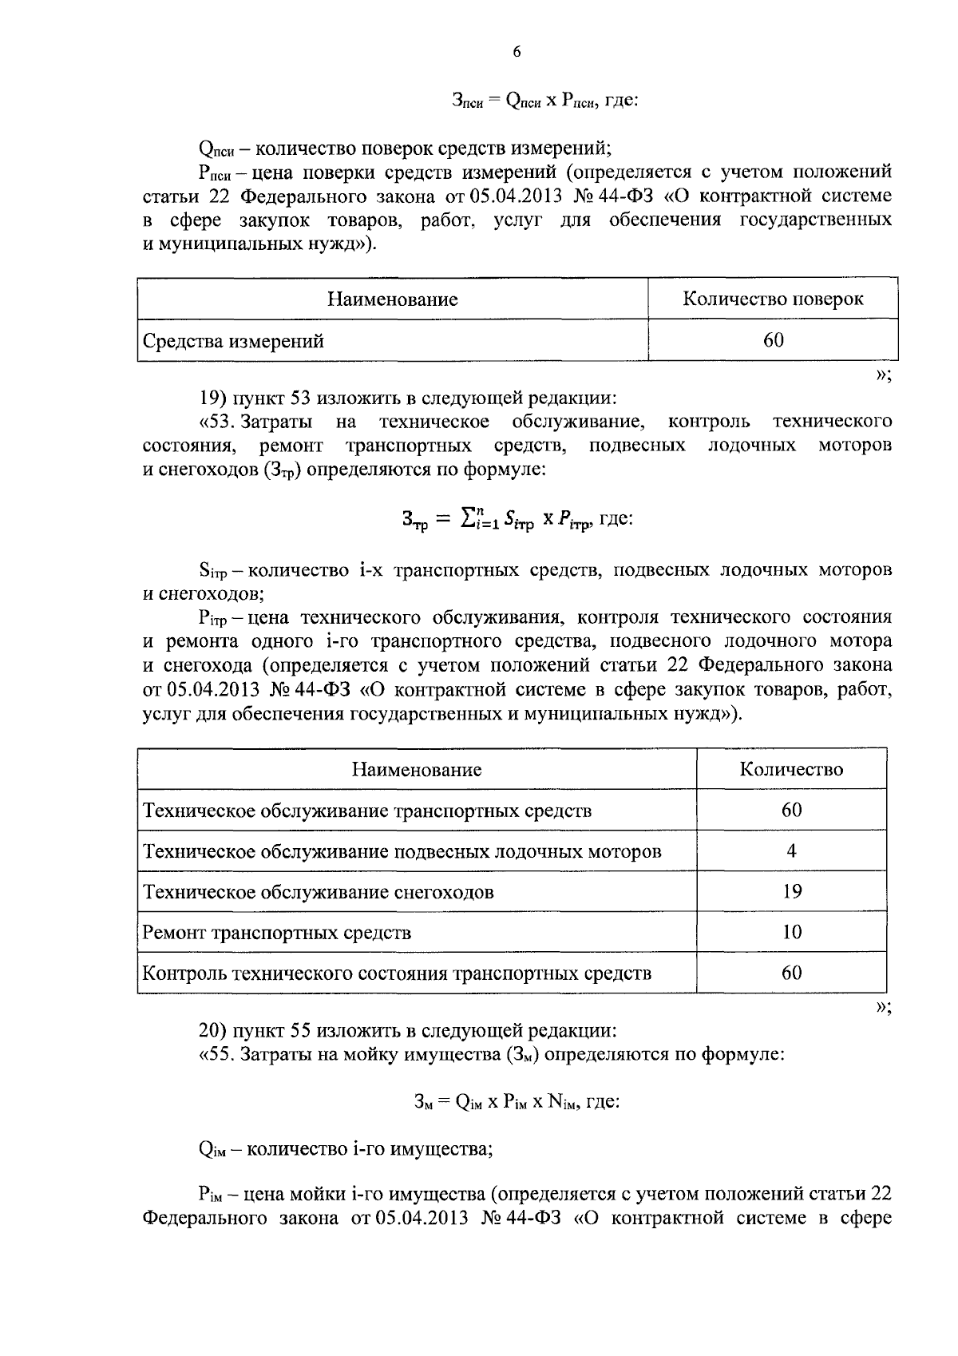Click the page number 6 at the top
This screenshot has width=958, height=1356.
(x=516, y=52)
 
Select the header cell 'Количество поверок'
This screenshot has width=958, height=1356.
(x=773, y=299)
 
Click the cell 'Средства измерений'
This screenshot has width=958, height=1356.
(x=233, y=342)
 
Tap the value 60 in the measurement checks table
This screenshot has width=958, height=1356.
(x=773, y=341)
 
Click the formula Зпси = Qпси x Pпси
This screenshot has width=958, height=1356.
(x=544, y=101)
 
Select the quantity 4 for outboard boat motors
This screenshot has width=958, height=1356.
(x=791, y=851)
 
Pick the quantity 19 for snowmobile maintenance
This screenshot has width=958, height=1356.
(x=791, y=892)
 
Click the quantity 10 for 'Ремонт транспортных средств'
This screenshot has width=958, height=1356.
(x=791, y=933)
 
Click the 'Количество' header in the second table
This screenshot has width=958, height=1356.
(x=791, y=770)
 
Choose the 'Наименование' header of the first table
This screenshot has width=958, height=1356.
(x=392, y=299)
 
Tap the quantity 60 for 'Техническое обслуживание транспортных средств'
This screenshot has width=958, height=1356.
(x=791, y=811)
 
